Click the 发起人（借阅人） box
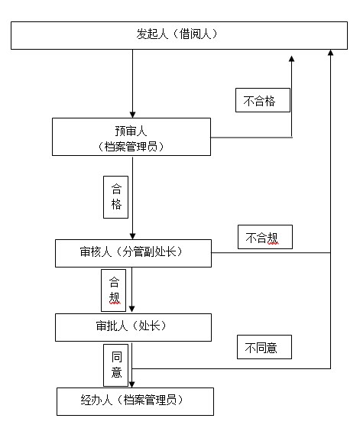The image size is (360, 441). tap(179, 35)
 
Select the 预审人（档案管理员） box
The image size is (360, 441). tap(131, 137)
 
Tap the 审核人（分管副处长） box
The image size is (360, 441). tap(133, 253)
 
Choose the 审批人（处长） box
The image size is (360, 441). tap(133, 327)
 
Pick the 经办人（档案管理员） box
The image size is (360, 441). tap(135, 401)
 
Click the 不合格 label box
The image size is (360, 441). tap(263, 100)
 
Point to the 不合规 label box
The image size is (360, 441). tap(265, 237)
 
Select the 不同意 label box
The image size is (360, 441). tap(264, 347)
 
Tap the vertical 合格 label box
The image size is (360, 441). tap(116, 197)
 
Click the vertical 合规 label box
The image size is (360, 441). tap(114, 290)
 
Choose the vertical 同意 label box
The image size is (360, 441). tap(116, 365)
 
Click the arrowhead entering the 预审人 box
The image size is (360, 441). tap(133, 115)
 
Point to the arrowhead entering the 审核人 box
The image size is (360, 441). tap(133, 236)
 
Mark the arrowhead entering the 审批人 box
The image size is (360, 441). tap(132, 309)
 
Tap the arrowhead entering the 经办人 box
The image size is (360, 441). tap(132, 384)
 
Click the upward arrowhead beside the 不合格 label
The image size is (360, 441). tap(292, 59)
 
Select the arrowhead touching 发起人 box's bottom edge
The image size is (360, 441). tap(331, 53)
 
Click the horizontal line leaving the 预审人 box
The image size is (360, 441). tap(251, 138)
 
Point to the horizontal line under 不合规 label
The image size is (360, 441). tap(271, 253)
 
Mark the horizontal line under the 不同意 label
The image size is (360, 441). tap(231, 368)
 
